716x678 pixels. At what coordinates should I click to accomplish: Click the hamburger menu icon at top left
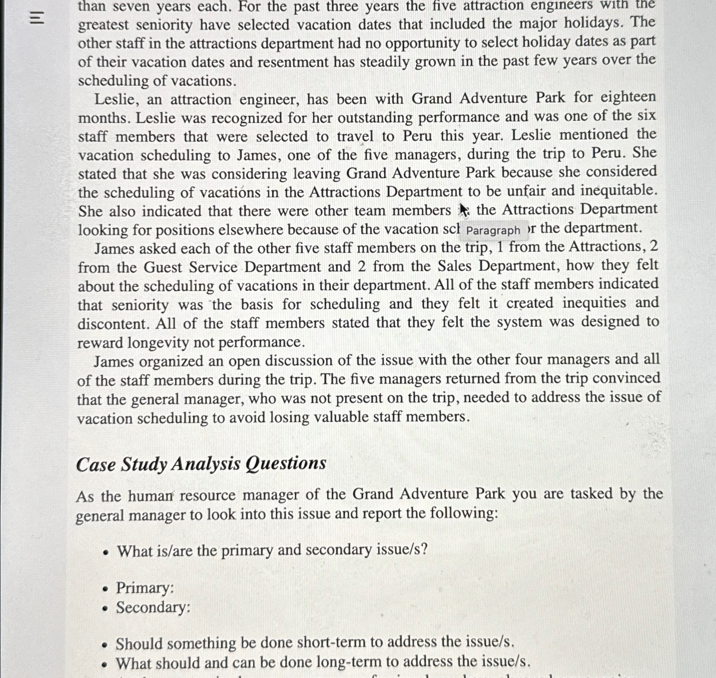(x=38, y=18)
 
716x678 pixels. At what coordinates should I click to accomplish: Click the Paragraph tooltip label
(x=493, y=231)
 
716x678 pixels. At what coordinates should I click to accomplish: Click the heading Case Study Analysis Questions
(x=201, y=464)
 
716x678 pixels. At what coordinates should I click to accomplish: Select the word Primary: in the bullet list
(x=145, y=588)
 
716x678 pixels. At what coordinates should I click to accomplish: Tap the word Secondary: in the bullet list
(x=153, y=607)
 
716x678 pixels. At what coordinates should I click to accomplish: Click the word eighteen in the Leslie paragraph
(x=628, y=97)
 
